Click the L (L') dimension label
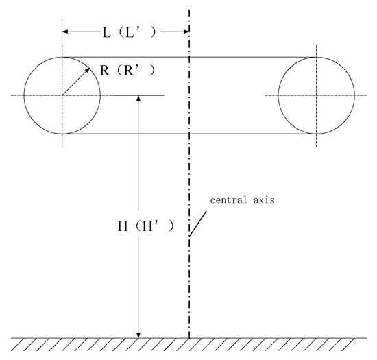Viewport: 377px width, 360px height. tap(127, 32)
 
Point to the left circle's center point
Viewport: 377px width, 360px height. tap(62, 95)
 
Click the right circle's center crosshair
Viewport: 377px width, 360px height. tap(317, 95)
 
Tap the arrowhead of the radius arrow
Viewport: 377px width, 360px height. tap(88, 69)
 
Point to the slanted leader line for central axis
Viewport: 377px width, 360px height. tap(198, 224)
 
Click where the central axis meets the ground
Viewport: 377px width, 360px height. tap(188, 337)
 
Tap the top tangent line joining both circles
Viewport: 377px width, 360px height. tap(188, 57)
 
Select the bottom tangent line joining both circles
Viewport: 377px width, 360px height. tap(188, 134)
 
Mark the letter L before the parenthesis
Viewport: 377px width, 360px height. tap(108, 32)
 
